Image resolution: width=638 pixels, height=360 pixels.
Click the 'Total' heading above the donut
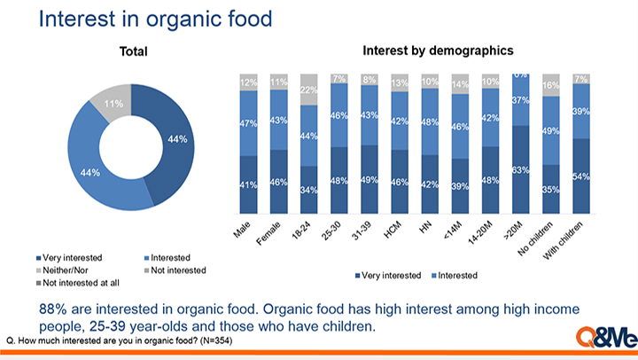[x=134, y=52]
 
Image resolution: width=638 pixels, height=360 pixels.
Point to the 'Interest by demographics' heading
[x=438, y=51]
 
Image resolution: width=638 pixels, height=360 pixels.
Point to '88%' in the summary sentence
[x=53, y=309]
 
